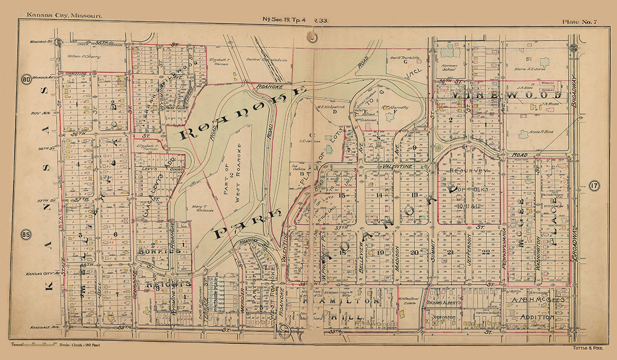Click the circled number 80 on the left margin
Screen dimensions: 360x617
[25, 79]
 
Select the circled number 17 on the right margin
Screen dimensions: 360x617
[594, 186]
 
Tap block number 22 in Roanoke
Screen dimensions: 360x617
[486, 251]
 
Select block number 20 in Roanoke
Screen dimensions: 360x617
[414, 252]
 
